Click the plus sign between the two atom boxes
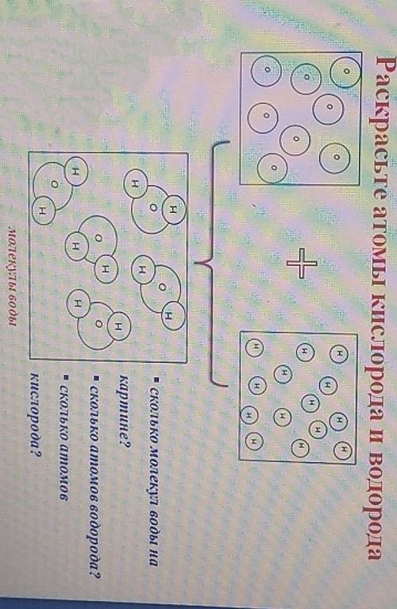tap(302, 264)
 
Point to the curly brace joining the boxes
tap(213, 264)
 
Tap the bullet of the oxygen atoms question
tap(66, 376)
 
